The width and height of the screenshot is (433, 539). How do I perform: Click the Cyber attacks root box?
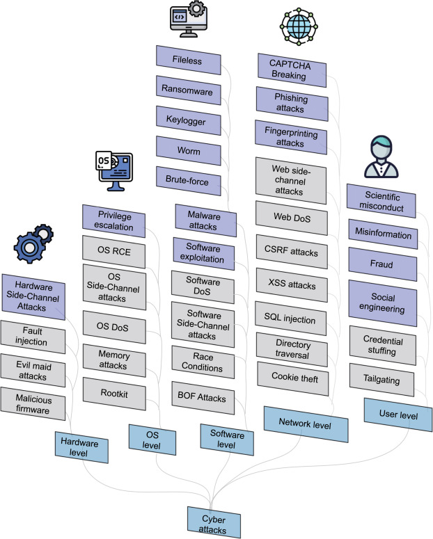(214, 522)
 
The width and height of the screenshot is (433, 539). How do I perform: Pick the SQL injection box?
(290, 319)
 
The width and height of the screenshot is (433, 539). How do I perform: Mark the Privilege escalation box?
(115, 220)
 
